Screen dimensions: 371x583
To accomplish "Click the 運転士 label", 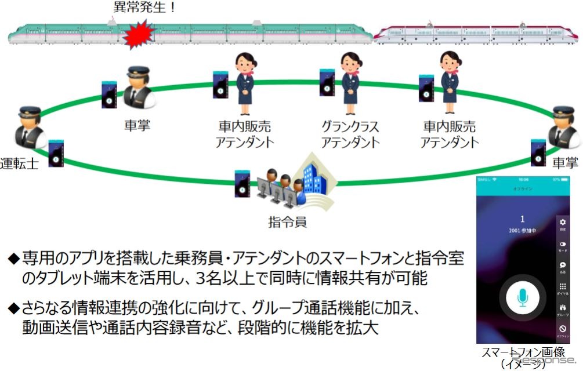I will pos(19,163).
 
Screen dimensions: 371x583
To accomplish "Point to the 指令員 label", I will pos(288,221).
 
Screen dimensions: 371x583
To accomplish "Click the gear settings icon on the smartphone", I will pos(562,223).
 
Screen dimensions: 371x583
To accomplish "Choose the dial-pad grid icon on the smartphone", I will pos(562,288).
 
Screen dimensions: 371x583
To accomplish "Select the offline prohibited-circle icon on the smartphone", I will pos(562,330).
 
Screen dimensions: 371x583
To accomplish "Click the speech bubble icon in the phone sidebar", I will pos(562,265).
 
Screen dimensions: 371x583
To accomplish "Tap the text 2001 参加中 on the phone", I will pos(522,230).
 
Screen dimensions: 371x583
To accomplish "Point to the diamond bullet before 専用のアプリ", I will pos(13,257).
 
